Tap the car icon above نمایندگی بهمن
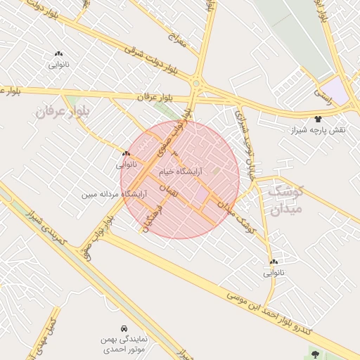click(124, 328)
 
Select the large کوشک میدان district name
click(288, 200)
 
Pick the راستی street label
click(326, 91)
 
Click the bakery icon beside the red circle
click(126, 153)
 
